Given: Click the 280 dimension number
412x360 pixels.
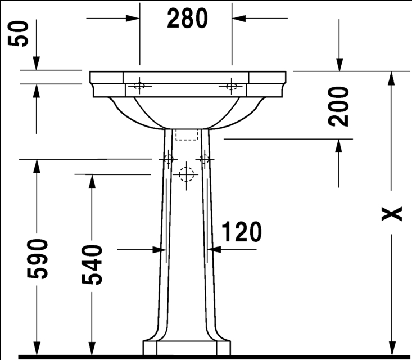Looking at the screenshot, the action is pyautogui.click(x=187, y=19).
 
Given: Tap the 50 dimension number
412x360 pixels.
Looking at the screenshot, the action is pyautogui.click(x=18, y=34).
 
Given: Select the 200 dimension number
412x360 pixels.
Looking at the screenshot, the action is pyautogui.click(x=338, y=106).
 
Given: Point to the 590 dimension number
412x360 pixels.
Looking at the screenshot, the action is pyautogui.click(x=37, y=259).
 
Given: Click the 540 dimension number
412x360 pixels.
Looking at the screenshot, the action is pyautogui.click(x=92, y=264).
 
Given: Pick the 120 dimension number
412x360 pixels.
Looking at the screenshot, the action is pyautogui.click(x=242, y=231).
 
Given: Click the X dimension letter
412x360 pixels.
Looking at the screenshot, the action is pyautogui.click(x=392, y=214).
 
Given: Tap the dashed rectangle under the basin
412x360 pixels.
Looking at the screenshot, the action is pyautogui.click(x=187, y=134).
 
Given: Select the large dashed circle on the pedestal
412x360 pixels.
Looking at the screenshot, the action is pyautogui.click(x=186, y=174).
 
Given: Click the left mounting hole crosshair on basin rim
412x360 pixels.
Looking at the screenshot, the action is pyautogui.click(x=139, y=85).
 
